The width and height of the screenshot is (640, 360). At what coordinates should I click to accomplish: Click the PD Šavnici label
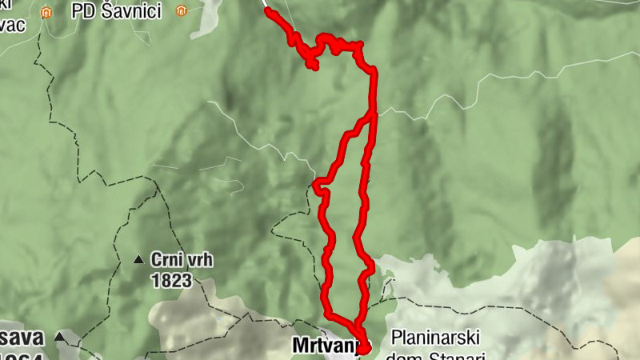coord(116,11)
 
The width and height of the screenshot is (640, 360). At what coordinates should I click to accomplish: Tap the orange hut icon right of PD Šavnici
coord(182,11)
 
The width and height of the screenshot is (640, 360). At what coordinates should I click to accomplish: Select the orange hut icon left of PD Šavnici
coord(47,12)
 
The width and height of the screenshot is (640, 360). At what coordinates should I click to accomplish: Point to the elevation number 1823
coord(171,279)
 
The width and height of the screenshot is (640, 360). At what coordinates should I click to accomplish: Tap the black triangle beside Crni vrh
coord(138,260)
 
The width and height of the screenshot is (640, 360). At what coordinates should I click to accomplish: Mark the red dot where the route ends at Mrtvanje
coord(364,346)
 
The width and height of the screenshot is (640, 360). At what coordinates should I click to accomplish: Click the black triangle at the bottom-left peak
coord(59,338)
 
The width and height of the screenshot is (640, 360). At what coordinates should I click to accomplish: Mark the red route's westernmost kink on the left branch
coord(316,187)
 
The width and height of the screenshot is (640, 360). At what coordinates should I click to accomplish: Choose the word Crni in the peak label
coord(165,261)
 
